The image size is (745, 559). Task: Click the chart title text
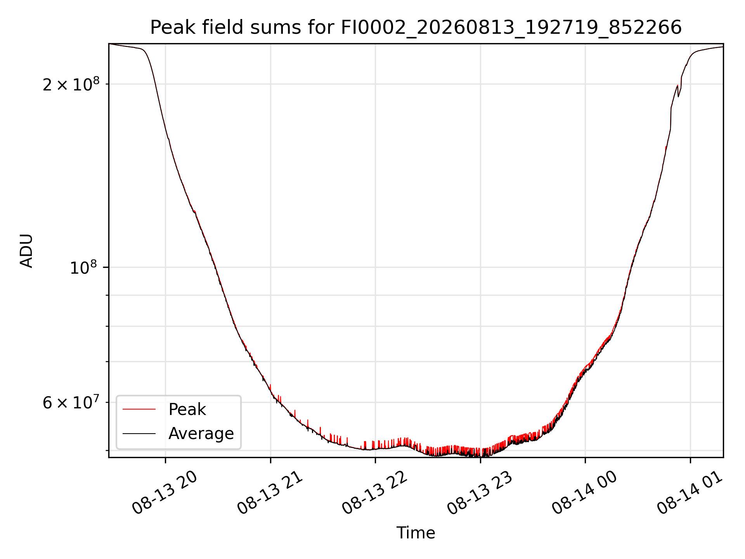click(x=416, y=28)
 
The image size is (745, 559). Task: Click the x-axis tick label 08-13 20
click(x=165, y=493)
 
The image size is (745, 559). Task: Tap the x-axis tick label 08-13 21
click(x=270, y=493)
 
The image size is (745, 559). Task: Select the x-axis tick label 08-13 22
click(x=375, y=493)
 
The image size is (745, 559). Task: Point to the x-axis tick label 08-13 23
click(x=480, y=493)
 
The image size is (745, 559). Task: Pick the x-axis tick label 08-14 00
click(x=585, y=493)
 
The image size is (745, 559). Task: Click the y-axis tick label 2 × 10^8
click(x=71, y=84)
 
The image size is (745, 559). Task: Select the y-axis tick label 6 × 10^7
click(x=71, y=402)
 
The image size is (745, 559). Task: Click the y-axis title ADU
click(x=26, y=251)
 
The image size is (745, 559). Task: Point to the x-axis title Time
click(x=416, y=533)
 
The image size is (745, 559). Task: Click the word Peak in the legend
click(x=187, y=410)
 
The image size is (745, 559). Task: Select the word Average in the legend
click(x=201, y=434)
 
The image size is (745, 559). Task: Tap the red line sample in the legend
click(x=139, y=409)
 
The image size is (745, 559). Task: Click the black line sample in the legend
click(x=139, y=433)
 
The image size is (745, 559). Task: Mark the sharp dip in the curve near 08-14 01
click(x=678, y=96)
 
